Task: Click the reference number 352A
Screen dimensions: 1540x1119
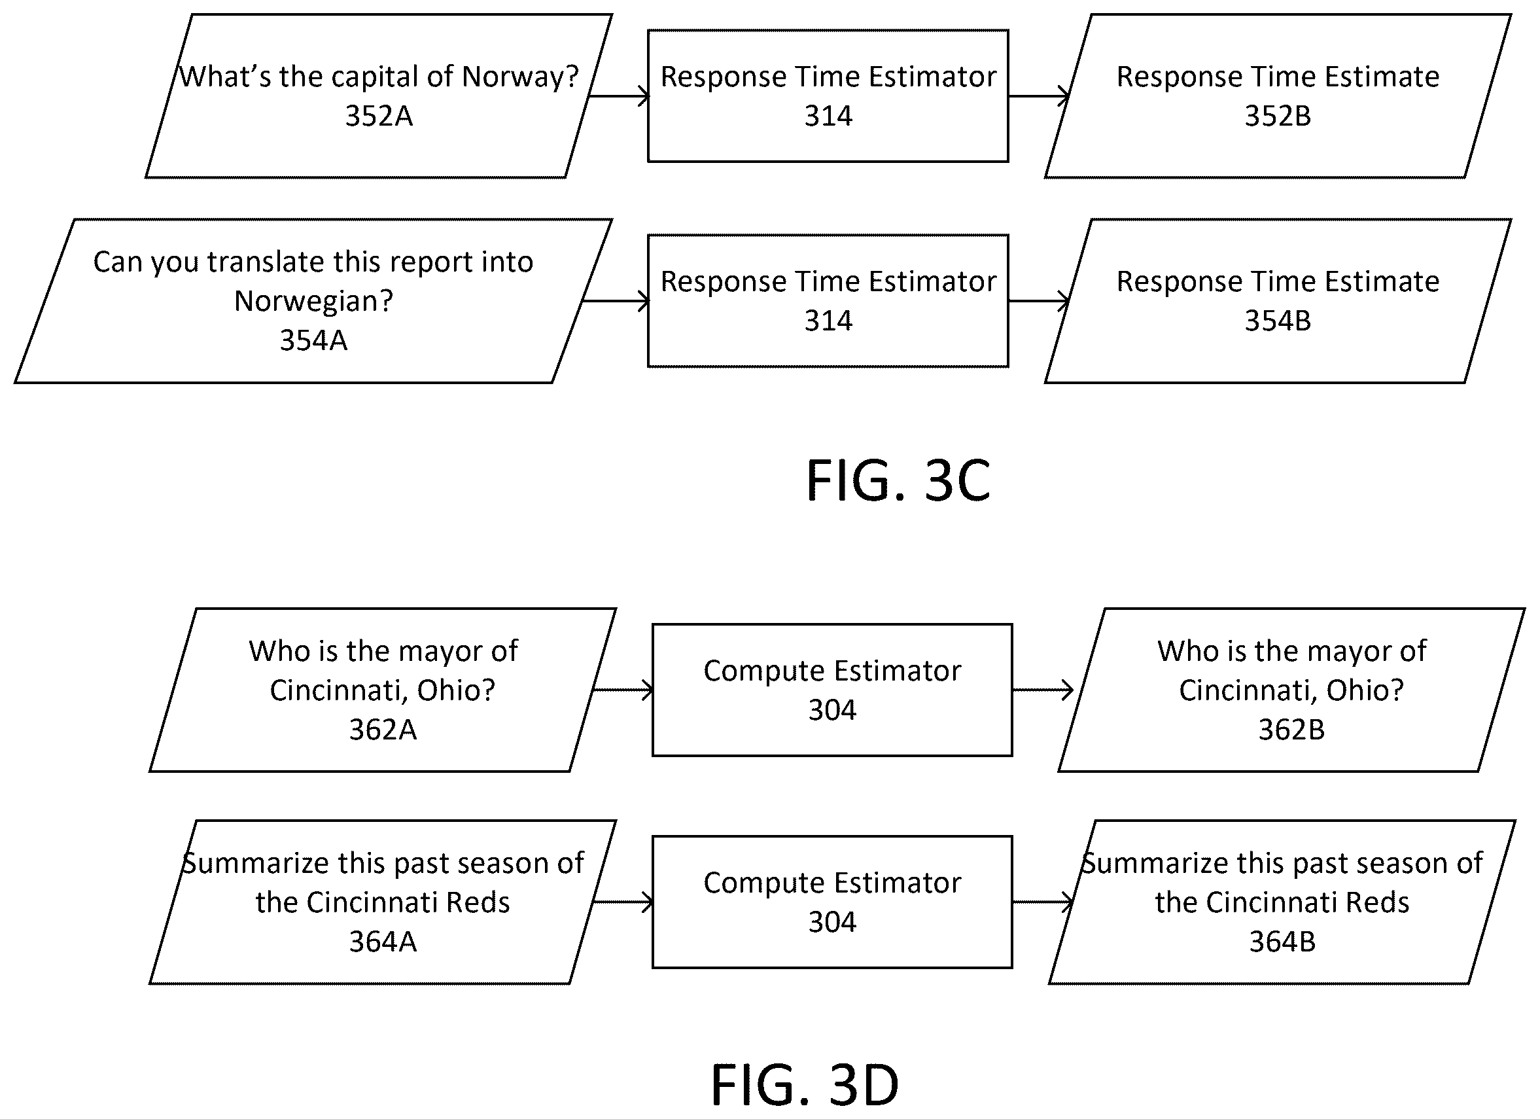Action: (x=379, y=116)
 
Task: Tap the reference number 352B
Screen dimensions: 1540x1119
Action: (x=1278, y=116)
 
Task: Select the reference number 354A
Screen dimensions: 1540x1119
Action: (x=314, y=340)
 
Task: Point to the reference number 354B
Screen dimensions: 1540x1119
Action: (x=1278, y=321)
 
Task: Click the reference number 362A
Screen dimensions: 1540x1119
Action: (x=383, y=730)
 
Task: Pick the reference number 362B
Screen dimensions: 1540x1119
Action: (x=1291, y=730)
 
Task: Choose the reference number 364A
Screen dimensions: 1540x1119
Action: (x=383, y=942)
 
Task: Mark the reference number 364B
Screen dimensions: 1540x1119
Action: (x=1283, y=942)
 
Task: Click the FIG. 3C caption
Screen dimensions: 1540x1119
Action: (x=898, y=481)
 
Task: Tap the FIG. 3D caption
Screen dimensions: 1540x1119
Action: (x=805, y=1085)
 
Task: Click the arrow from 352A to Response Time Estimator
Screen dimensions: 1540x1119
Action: (x=619, y=96)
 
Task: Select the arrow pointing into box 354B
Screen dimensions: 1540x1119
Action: (x=1039, y=301)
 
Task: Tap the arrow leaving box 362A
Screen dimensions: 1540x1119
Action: (x=623, y=690)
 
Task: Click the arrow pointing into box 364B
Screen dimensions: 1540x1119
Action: (x=1043, y=902)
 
